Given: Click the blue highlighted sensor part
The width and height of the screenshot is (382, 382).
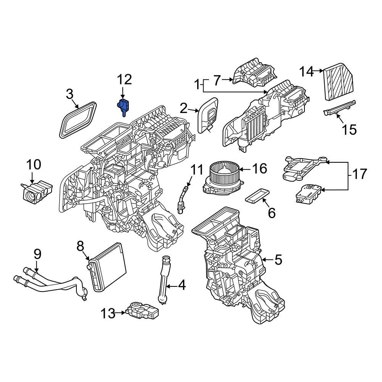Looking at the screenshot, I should [x=123, y=106].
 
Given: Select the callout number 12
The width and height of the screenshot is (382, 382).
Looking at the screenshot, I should [x=124, y=80].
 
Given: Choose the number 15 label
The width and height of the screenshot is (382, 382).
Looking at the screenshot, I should [x=349, y=129].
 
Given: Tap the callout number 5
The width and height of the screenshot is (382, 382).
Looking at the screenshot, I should [x=278, y=261].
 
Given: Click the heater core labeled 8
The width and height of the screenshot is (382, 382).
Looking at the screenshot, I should [x=107, y=266].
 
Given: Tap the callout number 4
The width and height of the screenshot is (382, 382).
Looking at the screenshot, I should [x=181, y=285].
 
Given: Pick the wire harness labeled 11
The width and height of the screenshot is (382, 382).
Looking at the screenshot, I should [x=183, y=197].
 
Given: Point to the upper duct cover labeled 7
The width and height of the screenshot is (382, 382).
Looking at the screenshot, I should [x=254, y=73].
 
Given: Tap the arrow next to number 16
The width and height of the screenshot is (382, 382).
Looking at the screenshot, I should [x=245, y=168].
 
